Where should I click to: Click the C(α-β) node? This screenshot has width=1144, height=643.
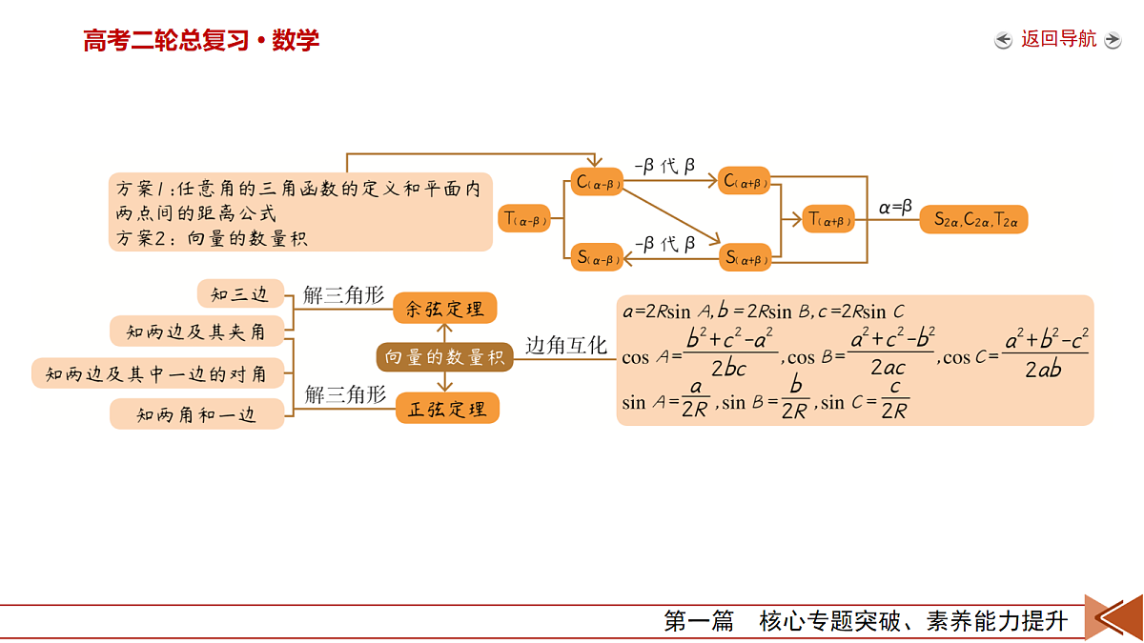[x=597, y=182]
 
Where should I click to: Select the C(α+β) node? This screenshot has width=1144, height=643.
[x=745, y=181]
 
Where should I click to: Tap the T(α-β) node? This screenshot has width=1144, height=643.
[x=524, y=218]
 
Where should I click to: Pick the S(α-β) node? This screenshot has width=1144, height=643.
[x=597, y=257]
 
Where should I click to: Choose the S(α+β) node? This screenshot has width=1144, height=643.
[x=746, y=257]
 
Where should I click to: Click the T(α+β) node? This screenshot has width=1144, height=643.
[x=828, y=219]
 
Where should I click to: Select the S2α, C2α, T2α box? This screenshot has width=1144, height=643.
[x=974, y=219]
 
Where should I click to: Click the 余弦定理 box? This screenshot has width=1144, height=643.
[x=445, y=309]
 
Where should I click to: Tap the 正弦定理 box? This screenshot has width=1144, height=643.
[x=447, y=409]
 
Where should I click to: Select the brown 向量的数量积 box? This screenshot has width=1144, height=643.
[x=445, y=357]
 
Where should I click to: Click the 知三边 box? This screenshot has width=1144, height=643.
[x=240, y=293]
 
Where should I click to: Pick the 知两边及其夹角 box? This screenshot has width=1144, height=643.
[x=196, y=332]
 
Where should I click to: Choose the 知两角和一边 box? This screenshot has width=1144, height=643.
[x=196, y=413]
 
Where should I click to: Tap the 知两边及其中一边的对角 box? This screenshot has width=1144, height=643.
[x=157, y=373]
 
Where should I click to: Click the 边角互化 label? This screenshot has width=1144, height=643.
[x=566, y=346]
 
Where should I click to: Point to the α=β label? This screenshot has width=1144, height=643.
[x=895, y=208]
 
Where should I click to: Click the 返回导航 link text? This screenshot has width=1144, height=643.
[x=1058, y=39]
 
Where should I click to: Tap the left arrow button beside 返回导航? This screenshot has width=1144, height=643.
[x=1004, y=40]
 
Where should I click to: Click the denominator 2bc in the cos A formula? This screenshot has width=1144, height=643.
[x=728, y=369]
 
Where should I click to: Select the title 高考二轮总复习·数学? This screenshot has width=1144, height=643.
[x=201, y=40]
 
